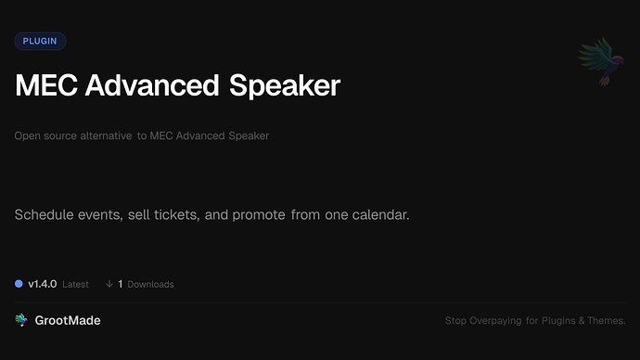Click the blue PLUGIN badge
(x=40, y=41)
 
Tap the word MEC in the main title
(x=45, y=86)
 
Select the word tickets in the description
(x=173, y=215)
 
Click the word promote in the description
(x=258, y=215)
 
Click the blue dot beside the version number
(x=19, y=284)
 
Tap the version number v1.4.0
(x=43, y=284)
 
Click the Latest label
(x=76, y=284)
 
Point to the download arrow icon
(x=109, y=284)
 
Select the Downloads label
(x=150, y=284)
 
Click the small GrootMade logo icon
(x=21, y=320)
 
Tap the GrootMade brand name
(x=68, y=320)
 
